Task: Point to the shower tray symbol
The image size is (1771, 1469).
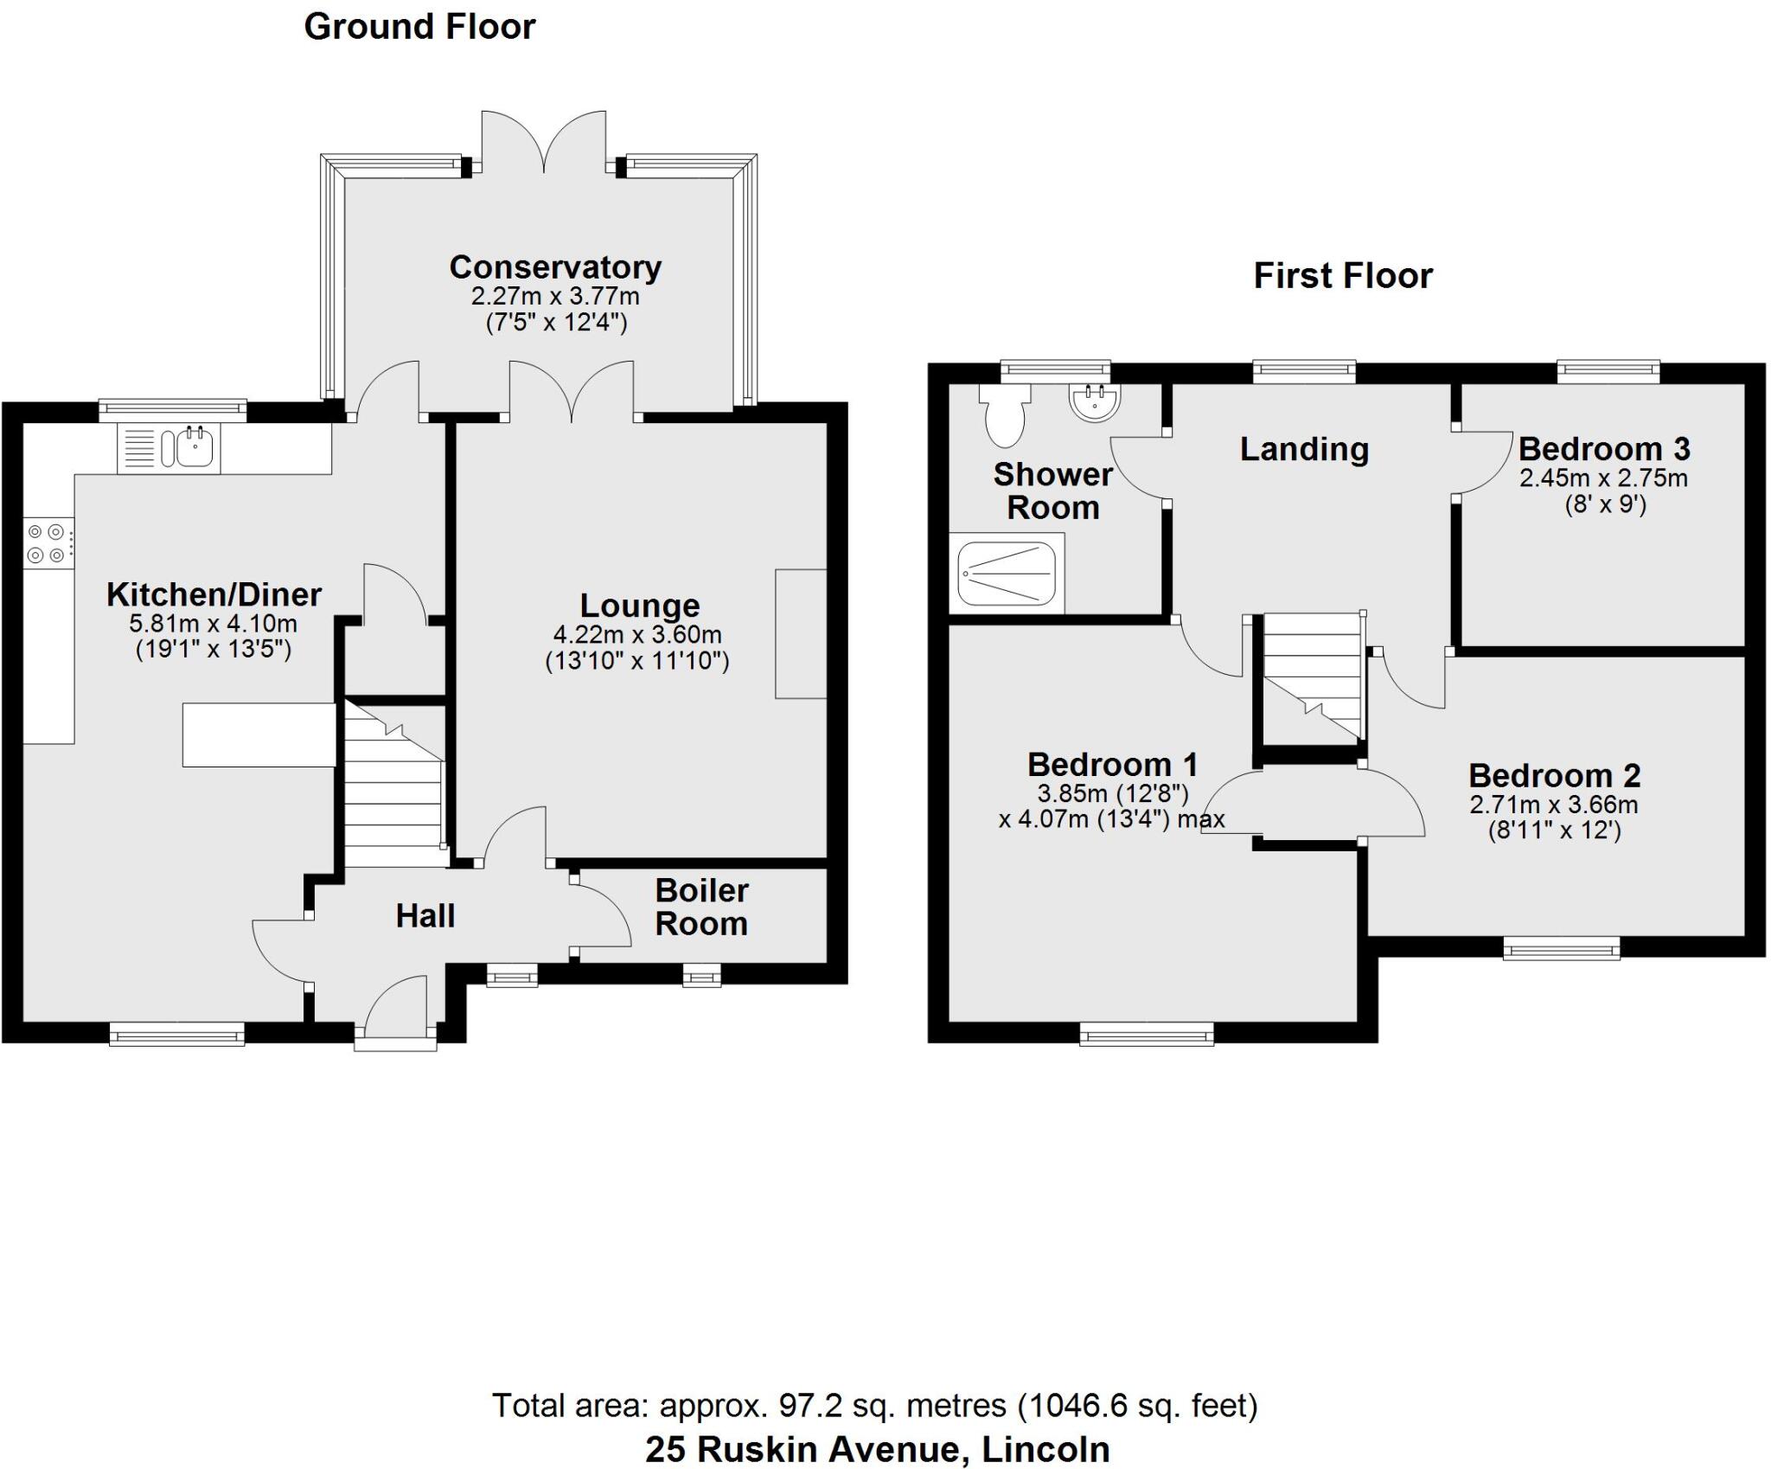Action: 1007,573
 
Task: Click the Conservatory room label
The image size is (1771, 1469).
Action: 555,267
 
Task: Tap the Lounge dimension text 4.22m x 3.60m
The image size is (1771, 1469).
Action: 637,634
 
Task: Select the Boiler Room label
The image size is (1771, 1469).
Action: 701,907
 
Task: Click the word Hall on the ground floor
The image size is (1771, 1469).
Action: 425,916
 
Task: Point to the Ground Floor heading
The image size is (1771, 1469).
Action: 419,27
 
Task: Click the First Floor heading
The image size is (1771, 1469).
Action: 1343,276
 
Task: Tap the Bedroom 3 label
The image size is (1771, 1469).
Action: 1604,449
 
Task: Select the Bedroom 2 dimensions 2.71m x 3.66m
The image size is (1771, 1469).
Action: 1553,805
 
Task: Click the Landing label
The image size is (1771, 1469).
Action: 1304,449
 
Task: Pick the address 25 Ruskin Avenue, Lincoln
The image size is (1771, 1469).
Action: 877,1449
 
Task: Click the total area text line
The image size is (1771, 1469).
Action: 874,1406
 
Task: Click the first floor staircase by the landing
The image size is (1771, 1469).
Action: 1313,675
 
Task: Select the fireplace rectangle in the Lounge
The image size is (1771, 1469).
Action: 801,633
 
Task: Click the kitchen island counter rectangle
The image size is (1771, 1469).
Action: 259,735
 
